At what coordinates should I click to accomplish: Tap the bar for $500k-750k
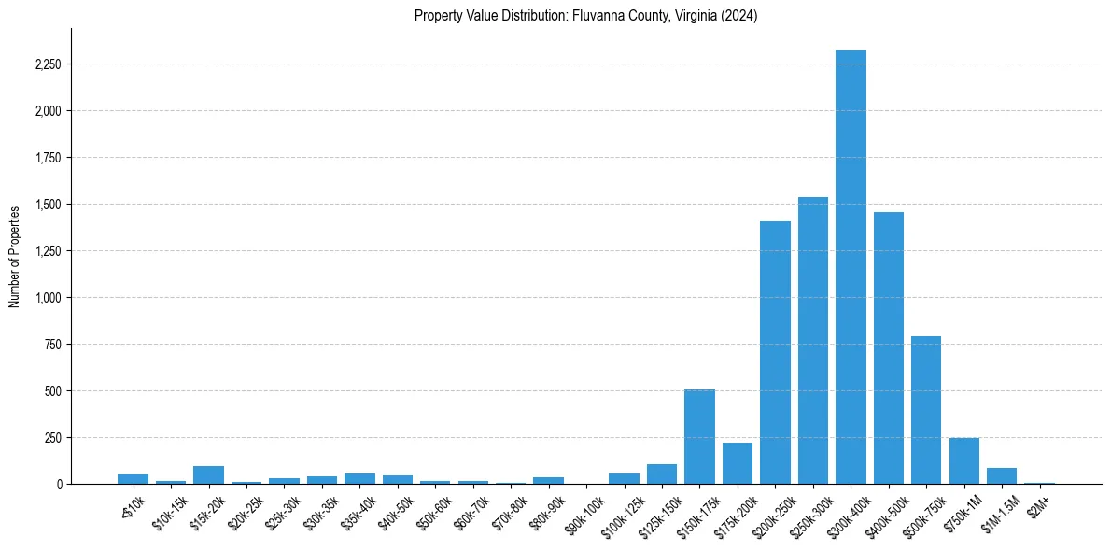(x=926, y=410)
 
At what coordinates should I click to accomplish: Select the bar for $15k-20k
(x=208, y=474)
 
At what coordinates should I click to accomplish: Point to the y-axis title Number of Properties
(x=15, y=256)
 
